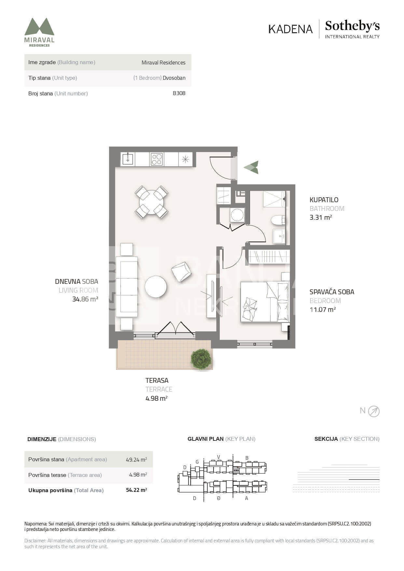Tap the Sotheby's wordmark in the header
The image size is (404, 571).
(x=352, y=26)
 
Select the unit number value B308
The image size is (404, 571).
(x=179, y=93)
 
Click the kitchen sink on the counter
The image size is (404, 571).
(x=128, y=159)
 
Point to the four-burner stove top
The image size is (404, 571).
(x=157, y=159)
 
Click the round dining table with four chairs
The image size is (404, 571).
(x=151, y=202)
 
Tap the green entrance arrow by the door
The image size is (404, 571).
(x=251, y=167)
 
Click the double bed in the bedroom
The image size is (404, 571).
(x=265, y=302)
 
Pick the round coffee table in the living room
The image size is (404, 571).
(x=156, y=286)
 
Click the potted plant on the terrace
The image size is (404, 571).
(x=201, y=359)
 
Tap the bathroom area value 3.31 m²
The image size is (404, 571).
(x=321, y=217)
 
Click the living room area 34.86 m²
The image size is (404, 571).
(x=85, y=299)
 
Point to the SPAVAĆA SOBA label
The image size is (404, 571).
(x=332, y=292)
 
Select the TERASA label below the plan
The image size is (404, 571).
(x=157, y=380)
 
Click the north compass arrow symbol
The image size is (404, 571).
(x=374, y=411)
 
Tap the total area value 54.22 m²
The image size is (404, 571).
(x=136, y=490)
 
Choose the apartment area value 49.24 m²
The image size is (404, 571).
(x=136, y=460)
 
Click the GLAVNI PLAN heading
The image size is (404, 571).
(x=205, y=439)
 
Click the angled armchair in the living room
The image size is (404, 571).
(x=181, y=272)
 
